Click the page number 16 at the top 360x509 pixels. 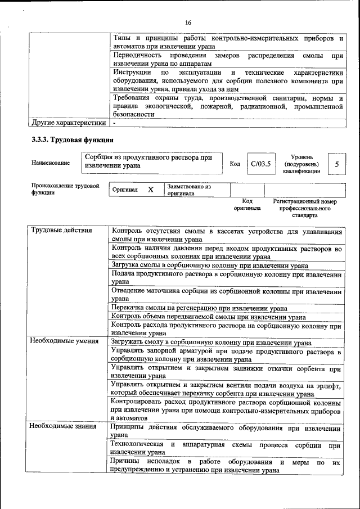tap(188, 22)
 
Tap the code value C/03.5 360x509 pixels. tap(260, 164)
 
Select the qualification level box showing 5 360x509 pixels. tap(336, 164)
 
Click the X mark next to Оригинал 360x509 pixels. tap(150, 190)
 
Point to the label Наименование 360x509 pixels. tap(51, 163)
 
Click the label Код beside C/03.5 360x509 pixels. tap(235, 164)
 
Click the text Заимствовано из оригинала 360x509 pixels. tap(188, 190)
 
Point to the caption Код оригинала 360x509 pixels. tap(247, 204)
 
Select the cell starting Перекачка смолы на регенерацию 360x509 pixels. tap(200, 308)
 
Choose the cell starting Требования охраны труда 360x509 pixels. tap(227, 105)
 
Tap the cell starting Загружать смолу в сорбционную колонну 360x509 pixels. tap(211, 341)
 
